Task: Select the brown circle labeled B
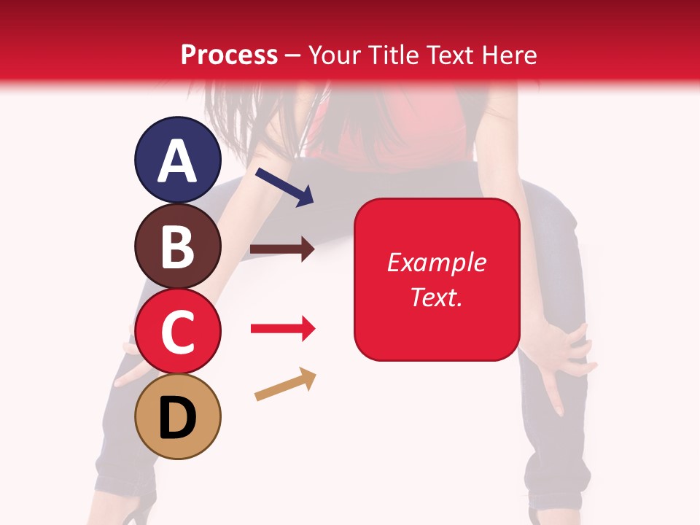(177, 246)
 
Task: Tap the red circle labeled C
(177, 332)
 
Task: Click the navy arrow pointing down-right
(285, 186)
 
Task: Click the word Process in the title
(229, 55)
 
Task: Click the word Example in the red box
(437, 262)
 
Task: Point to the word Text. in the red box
(437, 297)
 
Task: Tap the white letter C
(177, 332)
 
